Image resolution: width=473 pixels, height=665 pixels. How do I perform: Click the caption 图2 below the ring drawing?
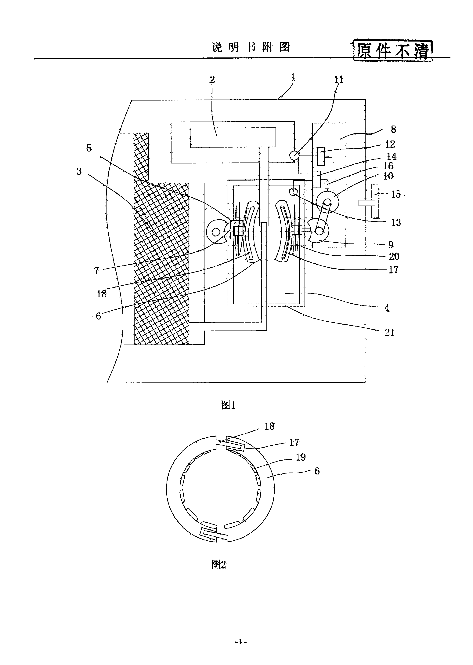(x=218, y=565)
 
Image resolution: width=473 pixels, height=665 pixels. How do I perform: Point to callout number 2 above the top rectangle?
(x=212, y=79)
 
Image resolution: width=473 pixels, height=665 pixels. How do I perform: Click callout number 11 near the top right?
(x=339, y=79)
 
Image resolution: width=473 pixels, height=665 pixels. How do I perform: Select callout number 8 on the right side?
(x=393, y=129)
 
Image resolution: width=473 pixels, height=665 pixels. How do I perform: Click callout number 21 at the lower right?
(x=390, y=332)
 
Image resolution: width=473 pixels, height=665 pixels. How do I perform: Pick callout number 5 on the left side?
(x=89, y=148)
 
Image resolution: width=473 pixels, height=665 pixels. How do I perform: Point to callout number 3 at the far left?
(x=79, y=171)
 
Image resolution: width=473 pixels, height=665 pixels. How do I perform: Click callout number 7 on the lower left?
(x=97, y=270)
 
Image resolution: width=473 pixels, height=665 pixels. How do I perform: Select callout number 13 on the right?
(x=396, y=222)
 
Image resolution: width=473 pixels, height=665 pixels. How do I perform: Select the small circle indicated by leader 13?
(x=294, y=192)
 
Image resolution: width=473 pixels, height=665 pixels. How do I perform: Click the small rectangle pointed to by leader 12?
(x=321, y=156)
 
